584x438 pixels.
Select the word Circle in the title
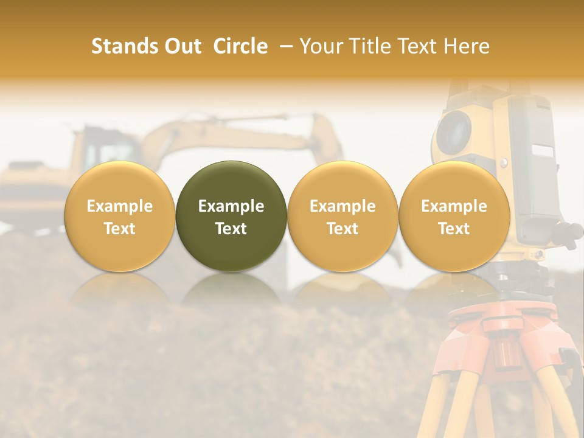(x=240, y=46)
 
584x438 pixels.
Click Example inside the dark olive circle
(x=231, y=206)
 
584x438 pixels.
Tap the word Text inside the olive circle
(x=231, y=229)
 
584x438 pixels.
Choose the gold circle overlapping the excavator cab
(x=119, y=216)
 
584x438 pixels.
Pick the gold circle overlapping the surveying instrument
(x=454, y=216)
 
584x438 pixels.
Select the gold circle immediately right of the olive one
(x=342, y=216)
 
